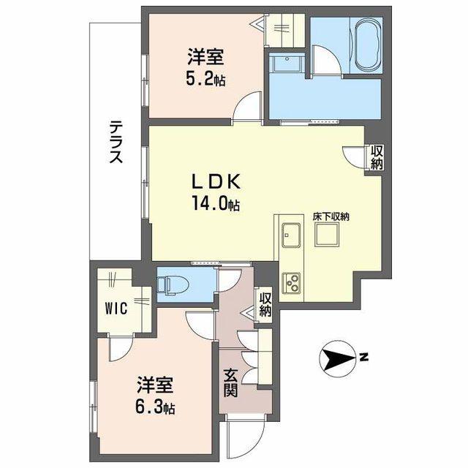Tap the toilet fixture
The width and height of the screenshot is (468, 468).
click(168, 285)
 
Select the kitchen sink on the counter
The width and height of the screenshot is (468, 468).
click(291, 235)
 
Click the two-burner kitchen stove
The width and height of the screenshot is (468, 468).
click(291, 282)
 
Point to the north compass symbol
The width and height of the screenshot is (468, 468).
click(337, 358)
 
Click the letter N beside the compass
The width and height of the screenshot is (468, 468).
click(363, 357)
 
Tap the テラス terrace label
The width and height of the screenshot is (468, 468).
click(116, 142)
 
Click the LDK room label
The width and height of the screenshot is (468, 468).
click(216, 182)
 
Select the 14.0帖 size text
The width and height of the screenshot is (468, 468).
click(216, 203)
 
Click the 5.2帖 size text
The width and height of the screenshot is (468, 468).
click(205, 79)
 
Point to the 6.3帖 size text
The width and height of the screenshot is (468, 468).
click(155, 407)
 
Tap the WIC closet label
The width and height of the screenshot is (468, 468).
click(116, 308)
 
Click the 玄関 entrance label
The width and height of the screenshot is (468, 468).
click(231, 383)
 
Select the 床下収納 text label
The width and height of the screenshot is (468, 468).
click(331, 217)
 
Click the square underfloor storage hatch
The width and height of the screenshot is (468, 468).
click(327, 235)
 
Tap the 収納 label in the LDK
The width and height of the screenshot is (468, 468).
click(377, 158)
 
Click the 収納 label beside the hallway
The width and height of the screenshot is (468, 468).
click(265, 305)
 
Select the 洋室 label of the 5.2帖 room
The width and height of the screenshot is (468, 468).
click(205, 57)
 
